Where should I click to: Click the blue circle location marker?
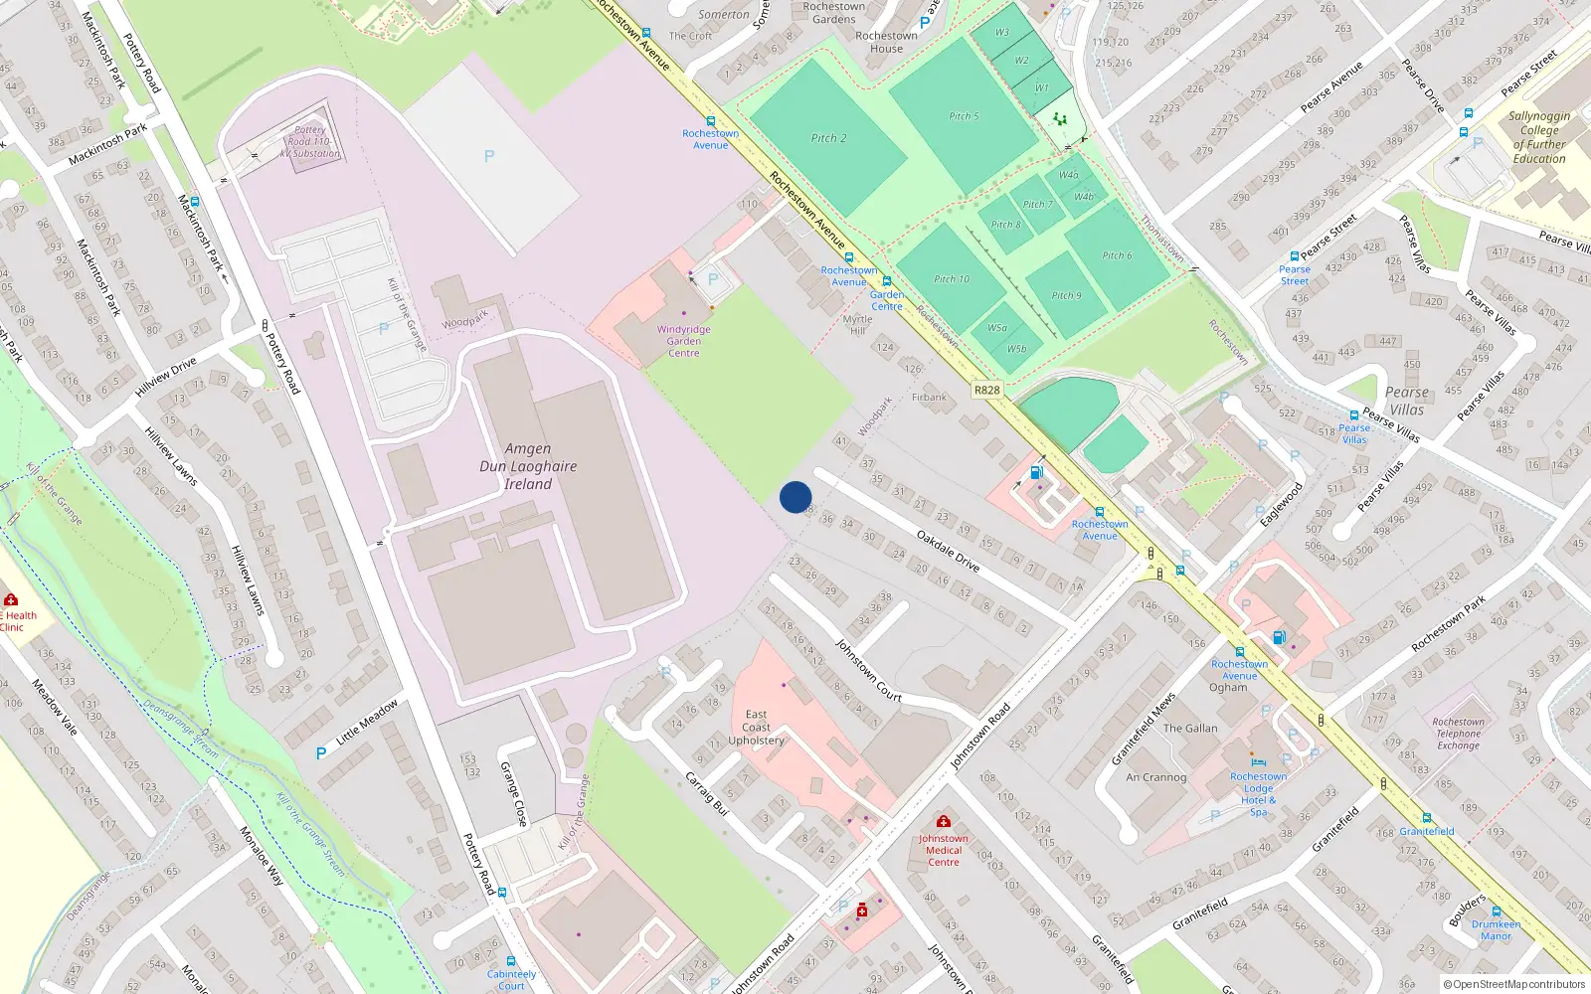[795, 497]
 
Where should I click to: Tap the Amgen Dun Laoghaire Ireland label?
[527, 466]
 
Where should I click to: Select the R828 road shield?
[986, 391]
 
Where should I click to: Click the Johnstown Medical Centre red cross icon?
[944, 821]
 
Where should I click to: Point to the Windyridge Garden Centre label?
[683, 341]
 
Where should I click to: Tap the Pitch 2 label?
[828, 138]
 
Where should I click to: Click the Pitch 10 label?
[952, 279]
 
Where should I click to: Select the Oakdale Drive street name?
[948, 551]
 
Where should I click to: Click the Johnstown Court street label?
[868, 671]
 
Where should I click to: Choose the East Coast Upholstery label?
[756, 727]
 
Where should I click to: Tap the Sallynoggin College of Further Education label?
[1538, 137]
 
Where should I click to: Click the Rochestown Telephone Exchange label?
[1458, 734]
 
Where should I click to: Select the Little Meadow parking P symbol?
[321, 753]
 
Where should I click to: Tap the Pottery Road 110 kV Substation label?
[310, 142]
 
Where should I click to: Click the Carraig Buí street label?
[707, 794]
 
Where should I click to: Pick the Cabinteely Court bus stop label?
[511, 979]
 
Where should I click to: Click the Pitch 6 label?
[1117, 255]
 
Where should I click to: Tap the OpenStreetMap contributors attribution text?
[1514, 984]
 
